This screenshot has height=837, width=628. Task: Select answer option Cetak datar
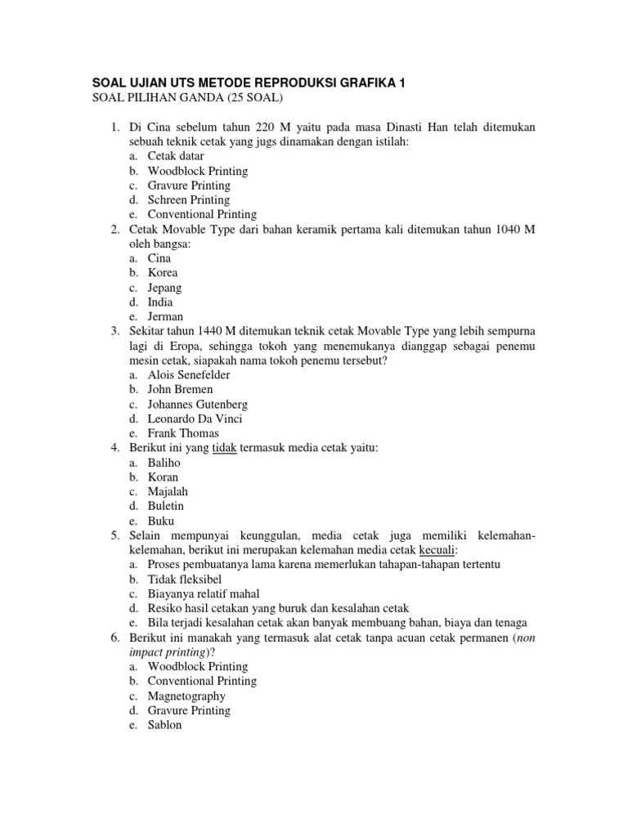(176, 156)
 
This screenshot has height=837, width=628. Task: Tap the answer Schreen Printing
(189, 200)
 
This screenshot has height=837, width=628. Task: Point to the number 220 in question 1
(267, 128)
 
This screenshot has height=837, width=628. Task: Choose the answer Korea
(163, 273)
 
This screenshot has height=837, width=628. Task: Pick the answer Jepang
(165, 288)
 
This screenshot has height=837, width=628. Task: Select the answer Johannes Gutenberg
(198, 405)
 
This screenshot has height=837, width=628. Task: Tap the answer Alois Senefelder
(189, 375)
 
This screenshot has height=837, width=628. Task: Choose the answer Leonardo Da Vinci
(195, 419)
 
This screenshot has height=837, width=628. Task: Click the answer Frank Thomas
(183, 434)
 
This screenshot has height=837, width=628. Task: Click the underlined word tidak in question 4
(224, 448)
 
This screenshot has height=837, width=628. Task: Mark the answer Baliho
(164, 463)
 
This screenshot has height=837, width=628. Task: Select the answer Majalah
(168, 492)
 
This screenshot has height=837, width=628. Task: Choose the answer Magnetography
(186, 696)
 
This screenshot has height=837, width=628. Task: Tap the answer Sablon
(164, 725)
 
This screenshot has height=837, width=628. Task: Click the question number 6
(116, 638)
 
